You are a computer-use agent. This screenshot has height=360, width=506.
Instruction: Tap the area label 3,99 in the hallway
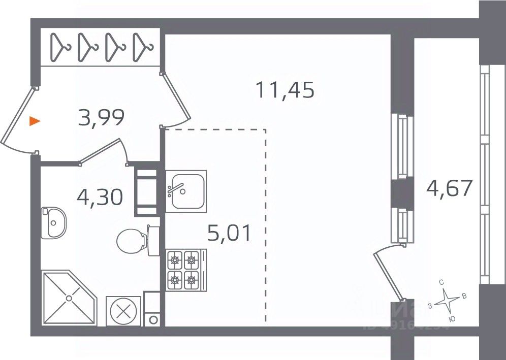(x=102, y=118)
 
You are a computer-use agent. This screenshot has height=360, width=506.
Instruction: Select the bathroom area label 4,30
(x=100, y=197)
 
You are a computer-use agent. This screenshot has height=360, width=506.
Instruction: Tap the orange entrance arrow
(x=35, y=121)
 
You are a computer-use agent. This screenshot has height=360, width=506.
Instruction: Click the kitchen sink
(x=186, y=191)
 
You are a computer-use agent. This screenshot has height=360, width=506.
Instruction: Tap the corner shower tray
(x=67, y=299)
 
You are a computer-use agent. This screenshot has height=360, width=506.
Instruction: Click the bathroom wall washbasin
(x=53, y=222)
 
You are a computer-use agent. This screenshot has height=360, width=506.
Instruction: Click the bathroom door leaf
(x=102, y=151)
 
